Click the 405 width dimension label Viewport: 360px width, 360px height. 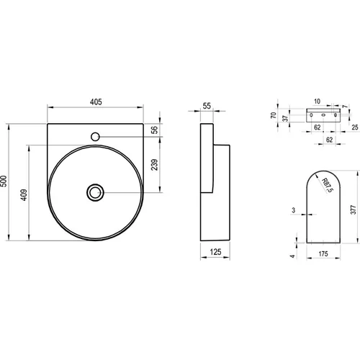[x=96, y=102]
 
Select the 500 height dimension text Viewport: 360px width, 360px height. [x=4, y=181]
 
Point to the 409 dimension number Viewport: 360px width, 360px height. [x=24, y=195]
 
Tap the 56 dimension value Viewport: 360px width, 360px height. [x=156, y=130]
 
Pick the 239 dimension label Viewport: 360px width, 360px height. [x=155, y=165]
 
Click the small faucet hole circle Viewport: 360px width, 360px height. [x=95, y=137]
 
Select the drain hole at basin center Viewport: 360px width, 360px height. [x=95, y=192]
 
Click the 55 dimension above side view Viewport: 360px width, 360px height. [x=207, y=106]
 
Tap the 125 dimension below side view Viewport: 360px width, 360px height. [x=215, y=252]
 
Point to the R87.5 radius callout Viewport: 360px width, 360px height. [x=328, y=185]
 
